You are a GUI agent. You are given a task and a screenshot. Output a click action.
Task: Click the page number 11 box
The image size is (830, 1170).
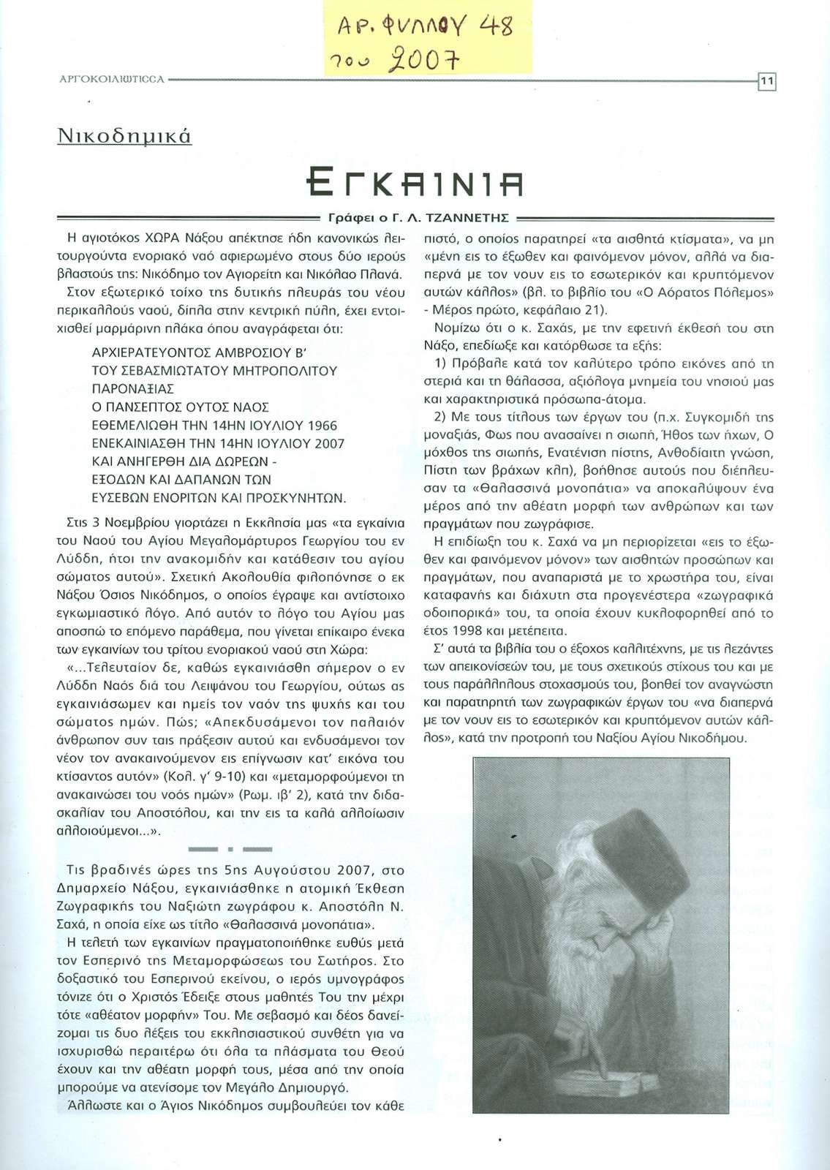(766, 82)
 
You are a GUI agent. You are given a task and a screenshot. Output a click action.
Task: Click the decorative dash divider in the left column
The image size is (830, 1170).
(230, 849)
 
